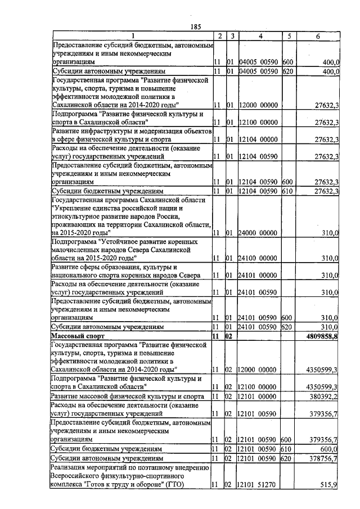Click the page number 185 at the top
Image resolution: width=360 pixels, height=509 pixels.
click(x=196, y=26)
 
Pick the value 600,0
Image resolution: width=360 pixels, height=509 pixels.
click(x=328, y=449)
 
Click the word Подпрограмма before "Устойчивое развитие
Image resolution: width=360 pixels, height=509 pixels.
click(x=73, y=241)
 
